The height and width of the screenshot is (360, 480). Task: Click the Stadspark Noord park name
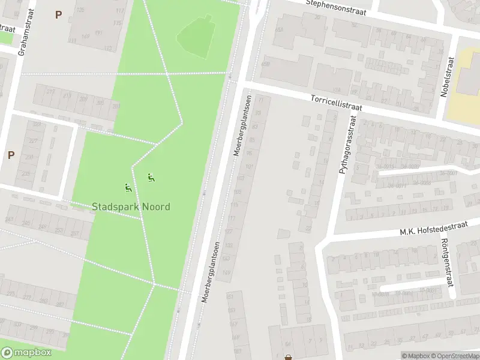pos(131,207)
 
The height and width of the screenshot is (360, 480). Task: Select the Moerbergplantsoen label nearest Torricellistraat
pos(242,126)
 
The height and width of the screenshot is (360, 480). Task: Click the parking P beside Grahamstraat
pos(58,14)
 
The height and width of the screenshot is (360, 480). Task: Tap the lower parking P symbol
pos(11,155)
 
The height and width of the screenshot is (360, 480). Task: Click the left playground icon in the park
pos(127,188)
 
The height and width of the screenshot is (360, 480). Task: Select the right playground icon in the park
pos(151,178)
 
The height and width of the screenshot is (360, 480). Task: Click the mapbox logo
pos(26,352)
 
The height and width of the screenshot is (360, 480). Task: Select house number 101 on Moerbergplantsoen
pos(249,166)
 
